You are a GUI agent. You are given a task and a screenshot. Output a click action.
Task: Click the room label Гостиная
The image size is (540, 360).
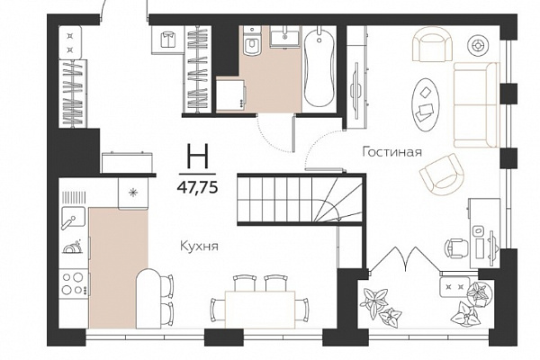pos(391,152)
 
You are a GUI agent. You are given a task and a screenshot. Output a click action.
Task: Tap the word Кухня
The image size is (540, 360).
pos(200,247)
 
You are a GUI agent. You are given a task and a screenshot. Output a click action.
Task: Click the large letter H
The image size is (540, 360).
pos(197,157)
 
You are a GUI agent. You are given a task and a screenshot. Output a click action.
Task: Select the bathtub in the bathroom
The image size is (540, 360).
pos(319,68)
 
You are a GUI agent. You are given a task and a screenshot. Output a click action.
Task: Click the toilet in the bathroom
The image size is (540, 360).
pos(251,41)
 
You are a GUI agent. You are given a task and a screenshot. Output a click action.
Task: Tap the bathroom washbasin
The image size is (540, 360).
pos(284,38)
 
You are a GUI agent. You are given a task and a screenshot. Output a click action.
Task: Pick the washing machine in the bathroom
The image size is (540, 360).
pos(230,95)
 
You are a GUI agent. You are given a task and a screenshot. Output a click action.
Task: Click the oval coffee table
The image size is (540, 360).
pos(426,104)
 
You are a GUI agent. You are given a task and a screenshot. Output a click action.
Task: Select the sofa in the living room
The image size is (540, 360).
pos(476,104)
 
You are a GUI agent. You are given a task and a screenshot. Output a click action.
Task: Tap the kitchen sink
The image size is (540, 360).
pos(73,217)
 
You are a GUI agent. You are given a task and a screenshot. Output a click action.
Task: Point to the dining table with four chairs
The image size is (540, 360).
pos(260,301)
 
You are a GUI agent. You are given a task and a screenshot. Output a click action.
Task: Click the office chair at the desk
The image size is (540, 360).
pos(456,247)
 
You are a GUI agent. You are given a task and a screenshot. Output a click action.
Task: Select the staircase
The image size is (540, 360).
pos(300,200)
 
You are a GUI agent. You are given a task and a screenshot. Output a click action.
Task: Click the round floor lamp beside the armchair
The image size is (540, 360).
pos(478,45)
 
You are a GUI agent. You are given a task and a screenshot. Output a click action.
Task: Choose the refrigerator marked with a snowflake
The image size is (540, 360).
pos(133,193)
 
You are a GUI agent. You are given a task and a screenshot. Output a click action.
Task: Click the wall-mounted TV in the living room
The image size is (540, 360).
pos(355,90)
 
